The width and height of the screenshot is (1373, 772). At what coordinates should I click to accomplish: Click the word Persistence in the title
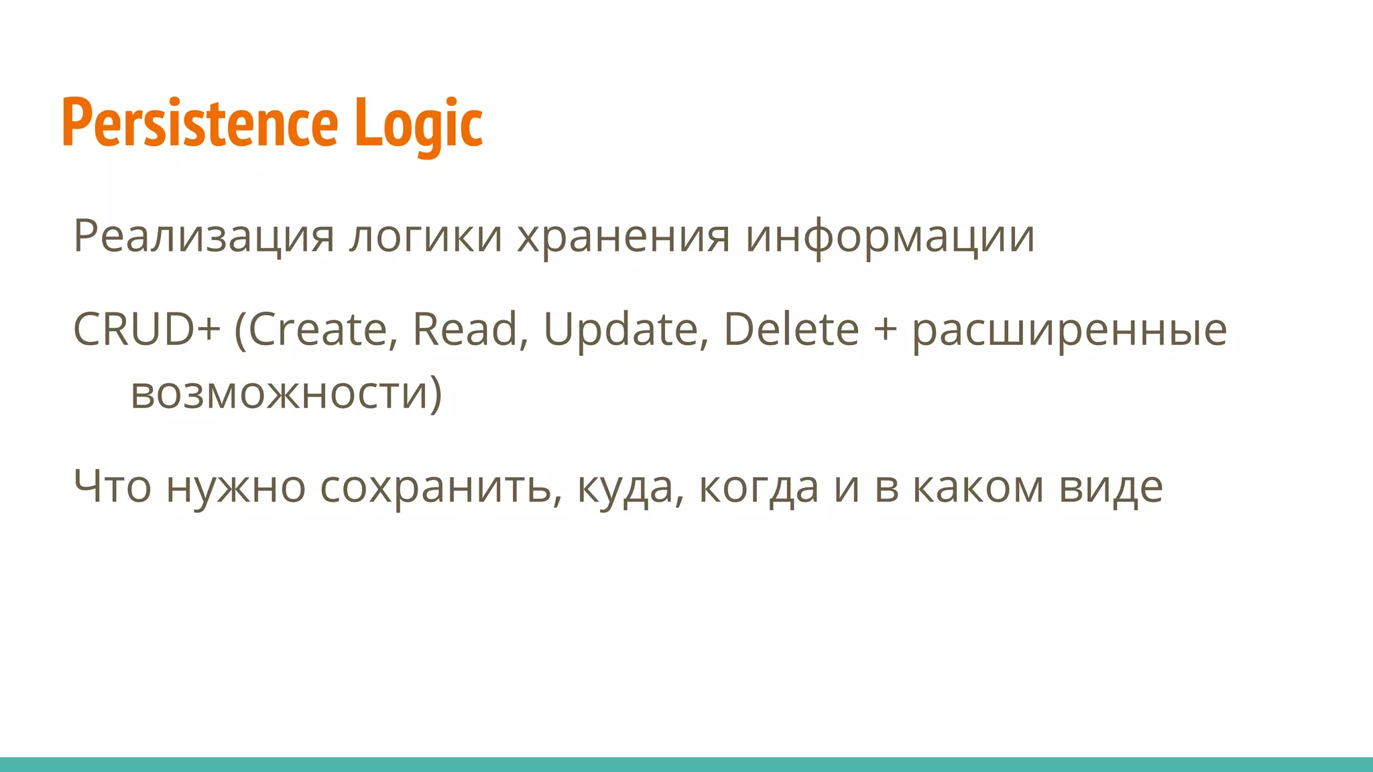pyautogui.click(x=200, y=123)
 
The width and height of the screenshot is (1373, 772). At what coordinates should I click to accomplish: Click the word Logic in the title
pyautogui.click(x=418, y=123)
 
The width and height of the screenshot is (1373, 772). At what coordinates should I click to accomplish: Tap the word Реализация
pyautogui.click(x=203, y=236)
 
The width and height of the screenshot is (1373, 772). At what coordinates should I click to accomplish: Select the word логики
pyautogui.click(x=426, y=236)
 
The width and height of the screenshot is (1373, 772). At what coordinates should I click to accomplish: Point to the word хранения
pyautogui.click(x=623, y=236)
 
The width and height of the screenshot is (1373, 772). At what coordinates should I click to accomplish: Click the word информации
pyautogui.click(x=890, y=236)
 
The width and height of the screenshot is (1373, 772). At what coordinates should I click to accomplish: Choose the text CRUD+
pyautogui.click(x=146, y=330)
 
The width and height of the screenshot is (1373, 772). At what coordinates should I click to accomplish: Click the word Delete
pyautogui.click(x=791, y=330)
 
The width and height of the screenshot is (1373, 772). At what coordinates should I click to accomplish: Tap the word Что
pyautogui.click(x=112, y=487)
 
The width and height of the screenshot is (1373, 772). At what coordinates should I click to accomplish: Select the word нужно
pyautogui.click(x=236, y=487)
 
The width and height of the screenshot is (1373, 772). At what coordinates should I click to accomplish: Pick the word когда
pyautogui.click(x=759, y=487)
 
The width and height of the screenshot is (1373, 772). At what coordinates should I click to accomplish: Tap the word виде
pyautogui.click(x=1111, y=487)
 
